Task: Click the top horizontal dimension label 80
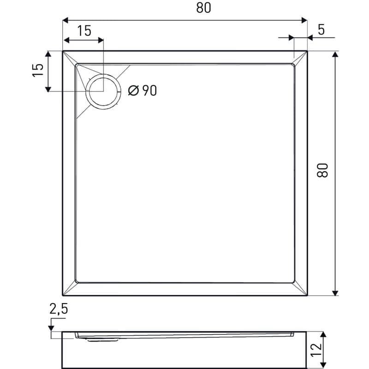click(x=203, y=7)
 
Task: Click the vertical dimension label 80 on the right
click(x=322, y=170)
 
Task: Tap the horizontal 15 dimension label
click(x=84, y=31)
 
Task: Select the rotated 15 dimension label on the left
click(x=38, y=70)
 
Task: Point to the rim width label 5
click(x=321, y=30)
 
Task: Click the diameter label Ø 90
click(x=143, y=90)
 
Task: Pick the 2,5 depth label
click(x=59, y=309)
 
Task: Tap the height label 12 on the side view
click(x=316, y=350)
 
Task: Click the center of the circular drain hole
click(x=103, y=91)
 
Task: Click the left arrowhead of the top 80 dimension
click(x=65, y=20)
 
